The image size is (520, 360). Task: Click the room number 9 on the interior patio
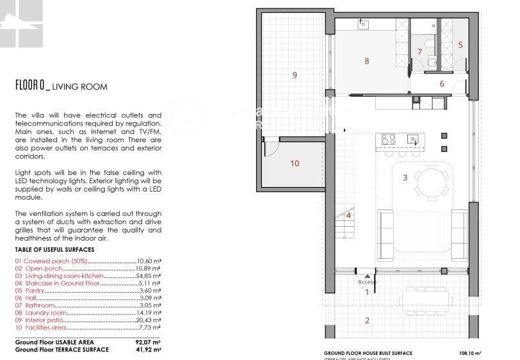point(295,75)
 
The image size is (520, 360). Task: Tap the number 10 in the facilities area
point(295,163)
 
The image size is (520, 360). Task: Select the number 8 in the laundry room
point(366,61)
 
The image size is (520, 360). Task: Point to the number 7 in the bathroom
point(419,52)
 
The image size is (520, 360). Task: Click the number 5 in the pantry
point(460,45)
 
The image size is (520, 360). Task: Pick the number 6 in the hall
point(442,83)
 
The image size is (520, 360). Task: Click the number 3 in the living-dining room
point(405,177)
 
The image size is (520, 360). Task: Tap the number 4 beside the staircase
point(348,215)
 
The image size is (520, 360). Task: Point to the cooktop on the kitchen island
point(389,139)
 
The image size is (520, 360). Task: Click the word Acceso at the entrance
point(366,281)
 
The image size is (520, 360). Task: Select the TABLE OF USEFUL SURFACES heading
point(54,249)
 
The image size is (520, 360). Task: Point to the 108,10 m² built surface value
point(469,353)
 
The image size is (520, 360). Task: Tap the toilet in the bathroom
point(432,62)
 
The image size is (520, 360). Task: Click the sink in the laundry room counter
point(363,25)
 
